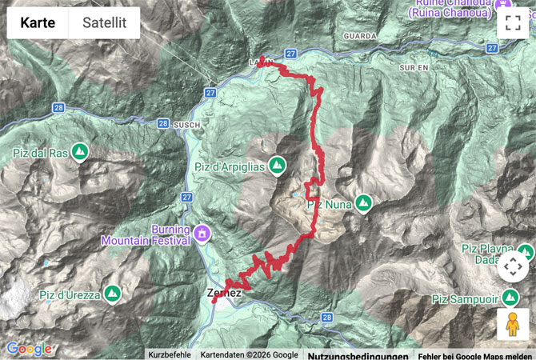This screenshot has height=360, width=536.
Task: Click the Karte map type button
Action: click(x=38, y=23)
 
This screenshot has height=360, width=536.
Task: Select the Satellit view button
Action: click(x=104, y=23)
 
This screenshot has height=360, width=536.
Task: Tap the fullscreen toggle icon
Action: click(x=513, y=23)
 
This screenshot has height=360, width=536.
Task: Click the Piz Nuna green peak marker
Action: click(x=363, y=204)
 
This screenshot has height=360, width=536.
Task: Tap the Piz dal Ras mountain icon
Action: click(x=80, y=150)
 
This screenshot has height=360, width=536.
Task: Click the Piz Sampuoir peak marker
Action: click(x=511, y=299)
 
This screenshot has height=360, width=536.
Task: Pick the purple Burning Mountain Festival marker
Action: click(x=202, y=234)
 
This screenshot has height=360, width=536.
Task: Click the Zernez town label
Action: click(x=224, y=294)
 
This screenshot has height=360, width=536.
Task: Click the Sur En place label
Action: click(x=414, y=68)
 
